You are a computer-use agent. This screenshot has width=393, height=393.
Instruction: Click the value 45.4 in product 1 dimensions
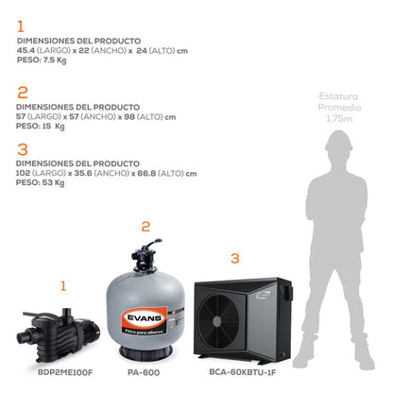point(26,50)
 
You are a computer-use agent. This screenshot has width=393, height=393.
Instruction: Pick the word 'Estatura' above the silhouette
point(342,97)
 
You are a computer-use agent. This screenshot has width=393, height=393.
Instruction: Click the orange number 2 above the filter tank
point(145,227)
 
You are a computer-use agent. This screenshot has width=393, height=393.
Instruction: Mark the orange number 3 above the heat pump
point(235,257)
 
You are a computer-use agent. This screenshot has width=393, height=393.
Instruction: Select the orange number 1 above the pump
point(63,283)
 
